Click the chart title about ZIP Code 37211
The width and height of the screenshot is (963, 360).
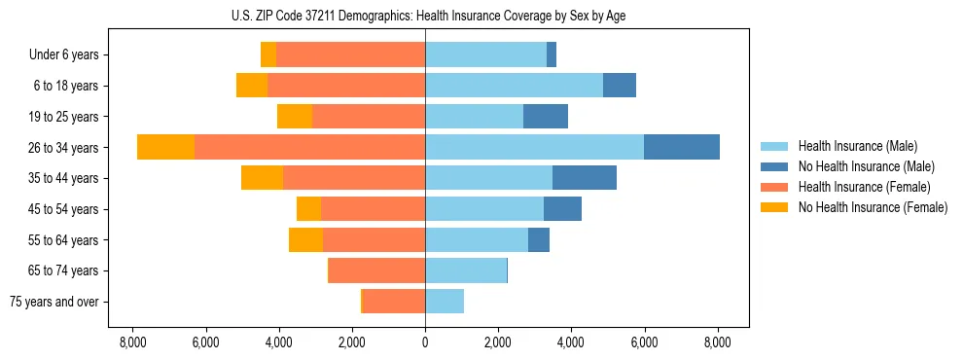click(x=425, y=15)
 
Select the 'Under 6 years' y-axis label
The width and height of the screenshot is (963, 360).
click(x=69, y=55)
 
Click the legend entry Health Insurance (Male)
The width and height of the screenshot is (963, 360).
click(x=857, y=146)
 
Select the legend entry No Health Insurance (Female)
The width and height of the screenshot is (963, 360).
click(x=873, y=207)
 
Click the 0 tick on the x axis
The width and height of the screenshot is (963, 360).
click(x=425, y=342)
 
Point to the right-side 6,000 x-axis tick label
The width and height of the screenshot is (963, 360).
click(x=644, y=342)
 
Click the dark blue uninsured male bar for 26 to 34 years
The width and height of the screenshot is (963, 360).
click(x=681, y=147)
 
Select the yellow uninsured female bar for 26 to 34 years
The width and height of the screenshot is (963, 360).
click(x=165, y=147)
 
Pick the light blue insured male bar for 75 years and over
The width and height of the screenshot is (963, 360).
click(x=445, y=302)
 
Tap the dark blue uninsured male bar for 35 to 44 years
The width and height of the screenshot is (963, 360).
click(x=584, y=178)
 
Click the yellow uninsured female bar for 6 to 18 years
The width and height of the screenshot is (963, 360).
click(x=251, y=86)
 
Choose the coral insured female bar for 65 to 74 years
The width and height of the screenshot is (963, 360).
click(x=376, y=270)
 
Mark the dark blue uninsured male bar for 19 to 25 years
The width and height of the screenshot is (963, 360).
click(x=545, y=117)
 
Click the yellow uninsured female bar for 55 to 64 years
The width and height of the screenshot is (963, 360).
click(x=305, y=239)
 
